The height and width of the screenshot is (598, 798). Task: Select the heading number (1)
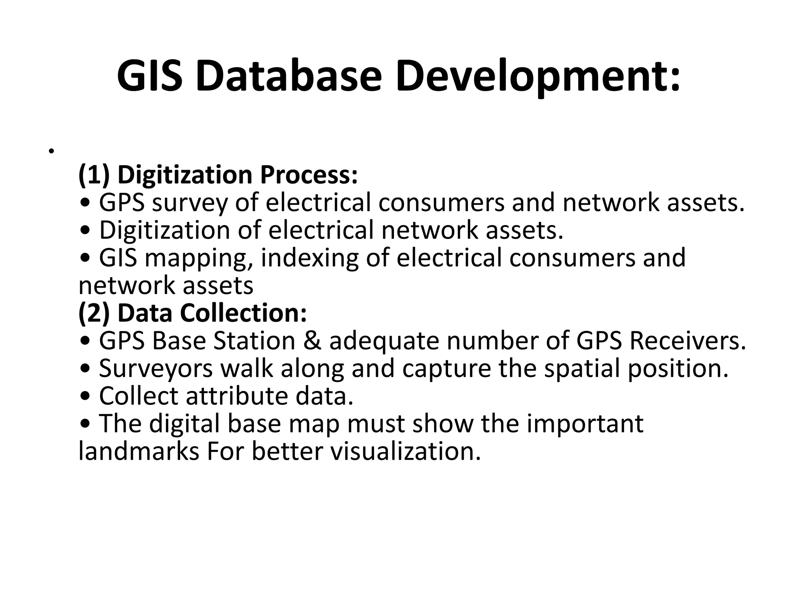94,174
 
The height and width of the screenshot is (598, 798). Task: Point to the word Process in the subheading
309,174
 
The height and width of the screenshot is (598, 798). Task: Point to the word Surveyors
156,369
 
